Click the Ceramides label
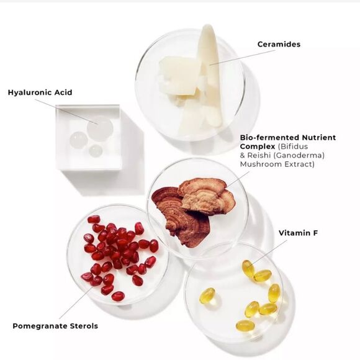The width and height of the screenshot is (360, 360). click(279, 44)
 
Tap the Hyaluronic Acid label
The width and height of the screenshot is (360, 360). click(40, 92)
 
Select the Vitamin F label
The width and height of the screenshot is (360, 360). click(298, 233)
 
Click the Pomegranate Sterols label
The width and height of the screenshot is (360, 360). click(55, 326)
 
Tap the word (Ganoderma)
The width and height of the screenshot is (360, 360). click(299, 155)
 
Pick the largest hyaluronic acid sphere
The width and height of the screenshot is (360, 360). click(100, 128)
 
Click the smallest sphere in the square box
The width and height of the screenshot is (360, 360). click(96, 151)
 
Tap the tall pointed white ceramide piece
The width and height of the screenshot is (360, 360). click(211, 73)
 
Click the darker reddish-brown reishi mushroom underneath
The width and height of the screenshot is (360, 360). click(181, 218)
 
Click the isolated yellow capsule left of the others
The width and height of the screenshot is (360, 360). click(207, 295)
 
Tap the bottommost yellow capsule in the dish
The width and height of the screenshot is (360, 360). click(245, 326)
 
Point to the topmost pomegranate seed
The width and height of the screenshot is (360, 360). click(94, 219)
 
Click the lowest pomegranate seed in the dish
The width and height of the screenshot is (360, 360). click(118, 296)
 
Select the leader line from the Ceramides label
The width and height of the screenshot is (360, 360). click(243, 57)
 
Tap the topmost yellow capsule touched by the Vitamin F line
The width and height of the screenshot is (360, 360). click(248, 268)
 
